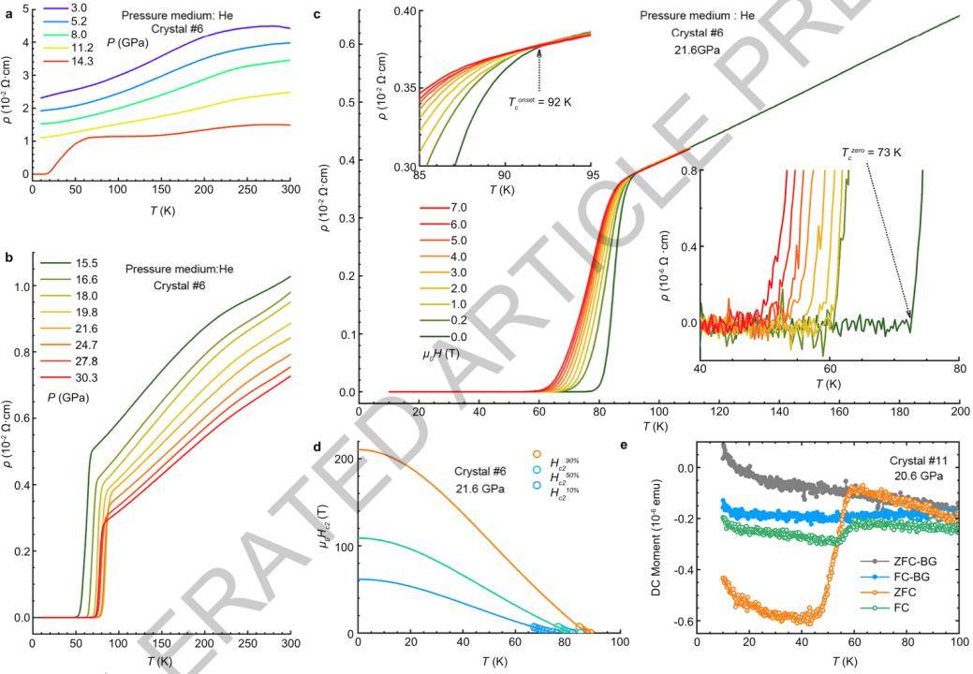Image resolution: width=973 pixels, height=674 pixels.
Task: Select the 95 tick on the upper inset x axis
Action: point(592,176)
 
